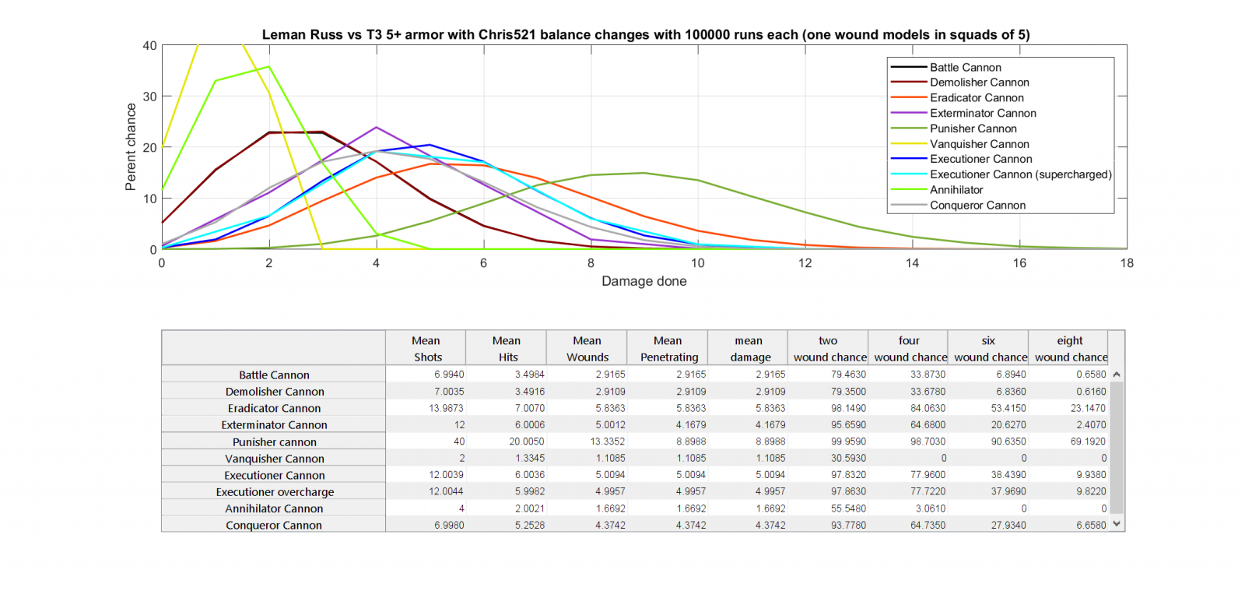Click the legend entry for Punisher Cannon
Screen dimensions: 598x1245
click(x=973, y=128)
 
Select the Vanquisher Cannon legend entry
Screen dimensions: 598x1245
click(x=979, y=144)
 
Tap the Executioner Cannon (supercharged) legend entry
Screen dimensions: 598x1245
click(x=1020, y=174)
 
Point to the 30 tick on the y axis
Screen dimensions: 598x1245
click(x=149, y=97)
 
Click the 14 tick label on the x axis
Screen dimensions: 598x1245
click(x=912, y=263)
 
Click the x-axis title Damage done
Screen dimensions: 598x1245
click(x=644, y=281)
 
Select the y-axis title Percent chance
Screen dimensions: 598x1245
click(x=131, y=147)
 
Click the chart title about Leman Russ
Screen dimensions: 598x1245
click(x=645, y=34)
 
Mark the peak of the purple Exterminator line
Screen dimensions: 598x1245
click(x=377, y=127)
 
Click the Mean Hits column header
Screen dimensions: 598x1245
click(x=507, y=348)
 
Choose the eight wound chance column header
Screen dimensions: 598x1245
click(x=1070, y=348)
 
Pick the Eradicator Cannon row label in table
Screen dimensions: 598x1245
click(x=274, y=408)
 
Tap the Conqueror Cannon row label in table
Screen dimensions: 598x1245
click(x=274, y=526)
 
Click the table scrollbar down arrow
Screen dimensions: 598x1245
click(x=1117, y=524)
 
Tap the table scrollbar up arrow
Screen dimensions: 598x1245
click(x=1117, y=375)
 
